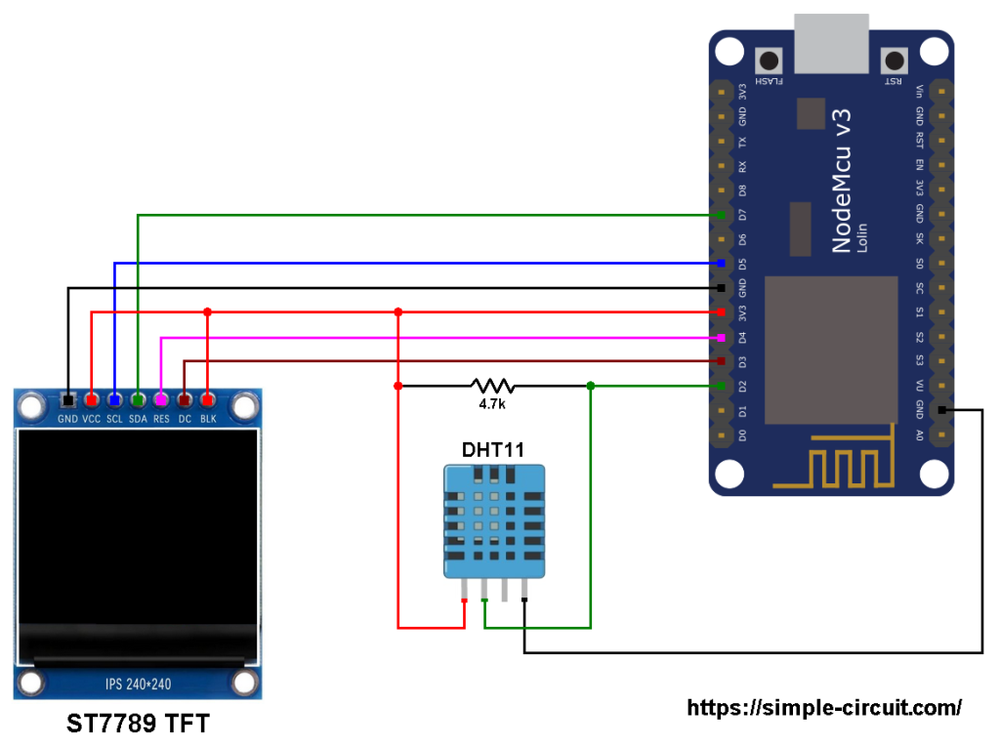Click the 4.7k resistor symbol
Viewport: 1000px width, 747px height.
[x=491, y=386]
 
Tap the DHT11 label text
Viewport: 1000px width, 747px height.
[x=492, y=450]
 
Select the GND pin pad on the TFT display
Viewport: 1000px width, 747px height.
[x=67, y=400]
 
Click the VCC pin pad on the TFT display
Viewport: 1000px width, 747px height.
[x=91, y=400]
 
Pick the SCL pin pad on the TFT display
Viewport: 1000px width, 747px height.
[x=114, y=400]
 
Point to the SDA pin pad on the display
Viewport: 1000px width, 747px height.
[x=138, y=400]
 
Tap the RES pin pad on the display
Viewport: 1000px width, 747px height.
[x=161, y=400]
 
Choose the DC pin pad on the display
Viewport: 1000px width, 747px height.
[x=185, y=400]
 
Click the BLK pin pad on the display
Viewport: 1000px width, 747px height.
[x=208, y=400]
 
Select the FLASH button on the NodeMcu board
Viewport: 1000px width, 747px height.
[x=771, y=59]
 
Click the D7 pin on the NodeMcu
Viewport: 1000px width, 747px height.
[x=721, y=215]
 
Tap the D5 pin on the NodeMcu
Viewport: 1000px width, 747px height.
[x=721, y=264]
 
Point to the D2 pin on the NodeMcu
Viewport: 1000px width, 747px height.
[x=721, y=387]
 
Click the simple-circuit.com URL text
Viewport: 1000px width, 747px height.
[x=824, y=708]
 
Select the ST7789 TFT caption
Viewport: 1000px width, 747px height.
[x=138, y=725]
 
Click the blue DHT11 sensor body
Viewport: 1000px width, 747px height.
[x=493, y=522]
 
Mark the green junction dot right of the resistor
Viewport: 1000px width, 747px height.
[x=591, y=386]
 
